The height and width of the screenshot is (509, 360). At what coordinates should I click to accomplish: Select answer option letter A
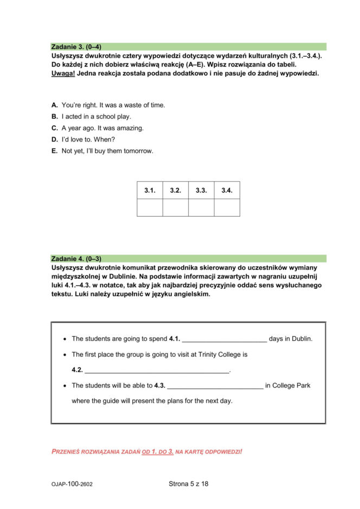coord(54,105)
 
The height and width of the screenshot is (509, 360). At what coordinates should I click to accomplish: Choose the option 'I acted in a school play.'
coord(96,117)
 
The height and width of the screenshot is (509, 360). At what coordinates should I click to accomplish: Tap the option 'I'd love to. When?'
coord(88,139)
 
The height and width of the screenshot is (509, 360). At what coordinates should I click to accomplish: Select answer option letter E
coord(54,151)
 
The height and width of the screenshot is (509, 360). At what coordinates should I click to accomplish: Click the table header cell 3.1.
coord(150,190)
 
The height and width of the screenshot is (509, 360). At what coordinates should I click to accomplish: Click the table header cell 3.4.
coord(227,190)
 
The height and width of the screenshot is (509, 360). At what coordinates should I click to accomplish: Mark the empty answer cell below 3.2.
coord(175,208)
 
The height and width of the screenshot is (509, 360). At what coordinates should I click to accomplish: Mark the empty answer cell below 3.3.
coord(201,208)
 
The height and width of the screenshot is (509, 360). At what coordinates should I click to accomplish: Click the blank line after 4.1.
coord(224,340)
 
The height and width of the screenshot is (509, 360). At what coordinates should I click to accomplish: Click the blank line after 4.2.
coord(157,371)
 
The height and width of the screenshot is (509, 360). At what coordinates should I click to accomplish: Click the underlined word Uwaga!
coord(63,73)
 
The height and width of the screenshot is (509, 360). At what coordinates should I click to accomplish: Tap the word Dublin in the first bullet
coord(301,339)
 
